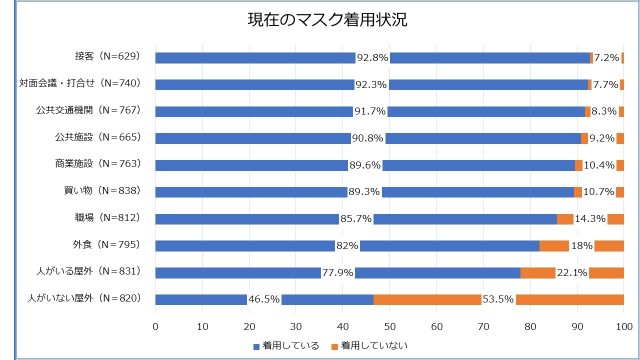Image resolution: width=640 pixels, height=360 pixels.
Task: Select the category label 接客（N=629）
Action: pos(107,56)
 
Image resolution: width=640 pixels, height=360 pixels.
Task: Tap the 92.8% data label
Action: pos(372,58)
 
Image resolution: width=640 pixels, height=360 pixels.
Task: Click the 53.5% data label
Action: pos(498,299)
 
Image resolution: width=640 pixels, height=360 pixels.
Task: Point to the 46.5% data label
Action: pos(264,299)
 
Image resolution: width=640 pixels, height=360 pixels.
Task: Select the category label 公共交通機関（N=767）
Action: pos(87,110)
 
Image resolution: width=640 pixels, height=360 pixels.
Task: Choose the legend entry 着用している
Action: pos(285,346)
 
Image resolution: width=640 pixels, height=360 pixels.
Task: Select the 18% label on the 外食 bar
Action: pos(581,246)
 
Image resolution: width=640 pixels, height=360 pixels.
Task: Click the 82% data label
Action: pos(347,246)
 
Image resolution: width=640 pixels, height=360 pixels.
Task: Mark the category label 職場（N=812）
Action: pos(107,217)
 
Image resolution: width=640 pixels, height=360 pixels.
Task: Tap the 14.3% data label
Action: pos(590,219)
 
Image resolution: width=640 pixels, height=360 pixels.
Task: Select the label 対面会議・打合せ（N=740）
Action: pos(80,83)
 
